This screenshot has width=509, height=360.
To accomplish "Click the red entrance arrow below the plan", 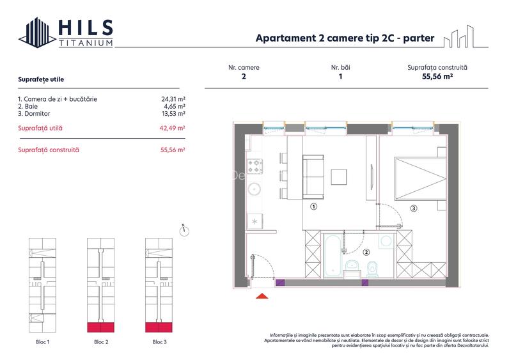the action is tap(262, 295).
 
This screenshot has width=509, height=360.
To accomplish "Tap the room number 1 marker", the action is tap(313, 207).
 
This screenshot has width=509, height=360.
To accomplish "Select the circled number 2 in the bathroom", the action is tap(366, 252).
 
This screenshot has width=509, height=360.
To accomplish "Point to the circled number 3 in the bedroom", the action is tap(414, 208).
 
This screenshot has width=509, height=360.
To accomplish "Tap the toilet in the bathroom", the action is tap(372, 269).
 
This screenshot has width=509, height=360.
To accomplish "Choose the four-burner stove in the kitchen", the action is tap(255, 166).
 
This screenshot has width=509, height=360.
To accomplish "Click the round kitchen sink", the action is tap(254, 189).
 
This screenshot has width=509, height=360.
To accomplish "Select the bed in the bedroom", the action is tap(420, 178).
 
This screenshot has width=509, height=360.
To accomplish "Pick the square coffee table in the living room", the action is tap(339, 177).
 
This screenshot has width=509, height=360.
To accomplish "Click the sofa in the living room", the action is tap(313, 177).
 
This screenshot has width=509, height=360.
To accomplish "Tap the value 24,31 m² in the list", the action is tap(173, 99).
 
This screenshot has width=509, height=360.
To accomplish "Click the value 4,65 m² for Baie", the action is tap(175, 106).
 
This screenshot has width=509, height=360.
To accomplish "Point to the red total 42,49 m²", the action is tap(172, 128).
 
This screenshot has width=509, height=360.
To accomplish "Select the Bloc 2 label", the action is tap(101, 342).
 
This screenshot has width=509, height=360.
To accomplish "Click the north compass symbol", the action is tap(184, 230).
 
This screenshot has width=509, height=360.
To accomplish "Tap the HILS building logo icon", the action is tap(37, 33).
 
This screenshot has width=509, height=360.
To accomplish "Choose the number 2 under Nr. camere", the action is tap(244, 76).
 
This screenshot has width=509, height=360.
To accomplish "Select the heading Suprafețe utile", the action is tap(41, 79).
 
